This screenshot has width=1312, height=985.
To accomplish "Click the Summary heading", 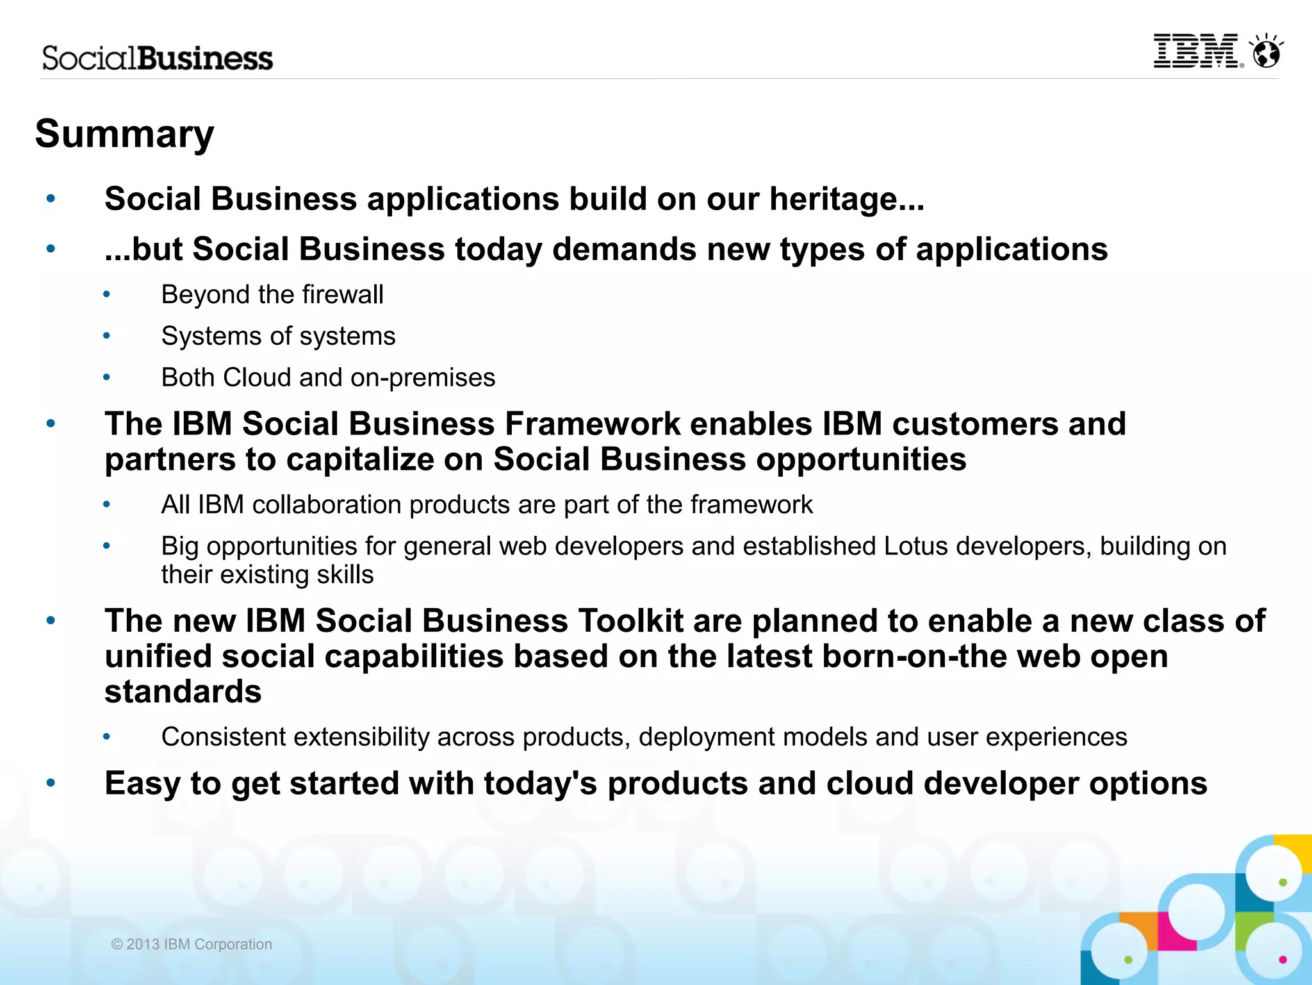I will pyautogui.click(x=124, y=134).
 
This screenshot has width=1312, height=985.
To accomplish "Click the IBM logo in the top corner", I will pyautogui.click(x=1196, y=51).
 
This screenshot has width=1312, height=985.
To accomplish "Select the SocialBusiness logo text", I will pyautogui.click(x=158, y=58).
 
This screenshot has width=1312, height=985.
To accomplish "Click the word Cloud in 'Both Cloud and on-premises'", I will pyautogui.click(x=256, y=377).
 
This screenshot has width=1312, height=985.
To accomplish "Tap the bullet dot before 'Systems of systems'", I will pyautogui.click(x=107, y=336).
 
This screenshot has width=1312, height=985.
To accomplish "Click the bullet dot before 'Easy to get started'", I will pyautogui.click(x=51, y=782).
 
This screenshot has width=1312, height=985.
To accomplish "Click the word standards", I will pyautogui.click(x=183, y=692).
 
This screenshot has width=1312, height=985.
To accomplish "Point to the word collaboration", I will pyautogui.click(x=327, y=505).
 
